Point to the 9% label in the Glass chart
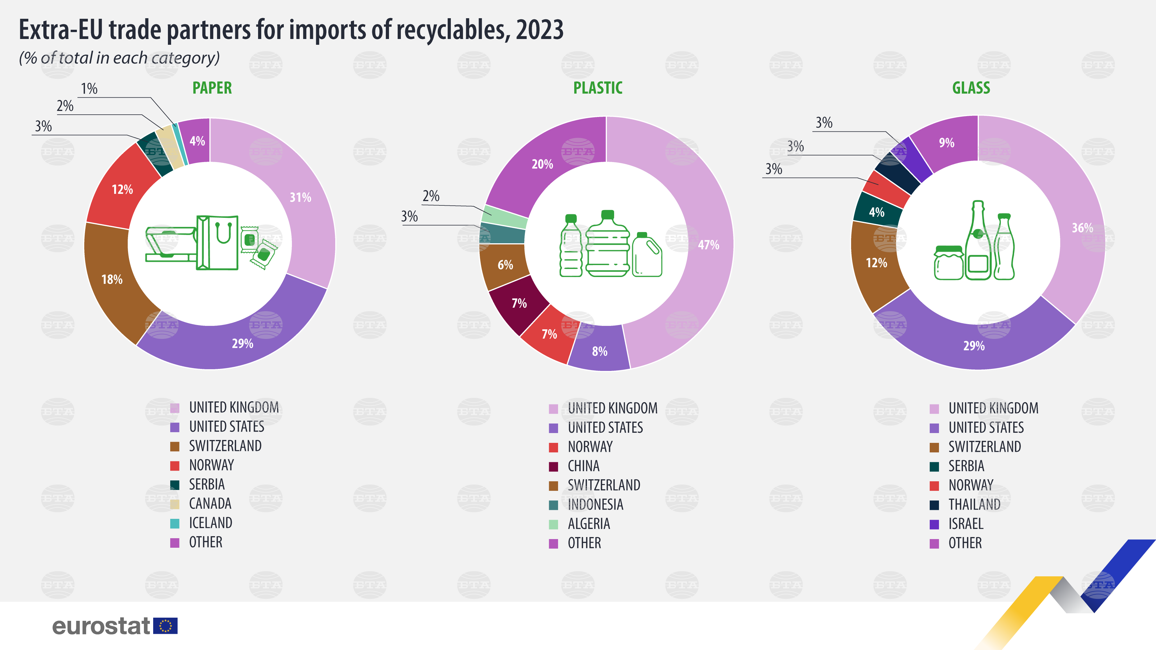946,143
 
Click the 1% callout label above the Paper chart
89,89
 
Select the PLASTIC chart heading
598,88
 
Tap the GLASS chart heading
971,88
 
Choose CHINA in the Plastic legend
583,466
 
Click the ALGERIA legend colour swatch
554,524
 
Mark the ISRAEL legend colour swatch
934,524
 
